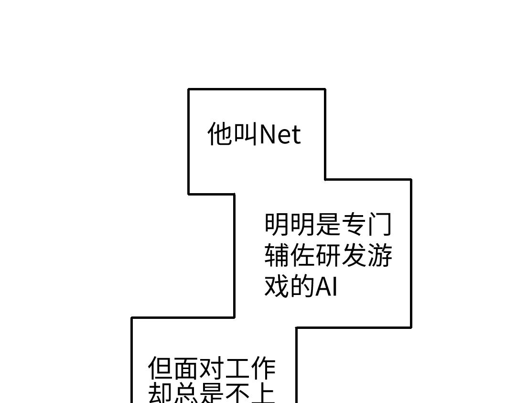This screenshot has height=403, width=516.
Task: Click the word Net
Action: point(280,134)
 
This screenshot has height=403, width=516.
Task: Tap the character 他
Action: point(220,133)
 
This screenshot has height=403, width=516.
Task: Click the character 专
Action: point(354,224)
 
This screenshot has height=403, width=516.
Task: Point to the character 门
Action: point(380,224)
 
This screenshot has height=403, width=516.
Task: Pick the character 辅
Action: point(277,255)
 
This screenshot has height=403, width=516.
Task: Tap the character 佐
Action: point(303,255)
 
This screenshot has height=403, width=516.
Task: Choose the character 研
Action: point(329,255)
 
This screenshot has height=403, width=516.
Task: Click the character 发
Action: point(354,255)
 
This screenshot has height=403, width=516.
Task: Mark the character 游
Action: point(380,255)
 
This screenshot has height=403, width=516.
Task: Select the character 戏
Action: point(277,286)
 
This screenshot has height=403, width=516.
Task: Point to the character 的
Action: point(303,286)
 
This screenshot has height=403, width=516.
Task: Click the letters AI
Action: point(327,287)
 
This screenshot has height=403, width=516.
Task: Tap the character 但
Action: point(161,369)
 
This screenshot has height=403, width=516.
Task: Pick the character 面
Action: point(186,369)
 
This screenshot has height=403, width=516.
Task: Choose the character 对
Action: point(212,369)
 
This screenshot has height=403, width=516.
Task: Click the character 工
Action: point(237,369)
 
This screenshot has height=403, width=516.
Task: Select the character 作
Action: point(263,369)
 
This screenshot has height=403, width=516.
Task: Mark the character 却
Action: point(161,394)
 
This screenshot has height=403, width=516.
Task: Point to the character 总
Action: point(186,394)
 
